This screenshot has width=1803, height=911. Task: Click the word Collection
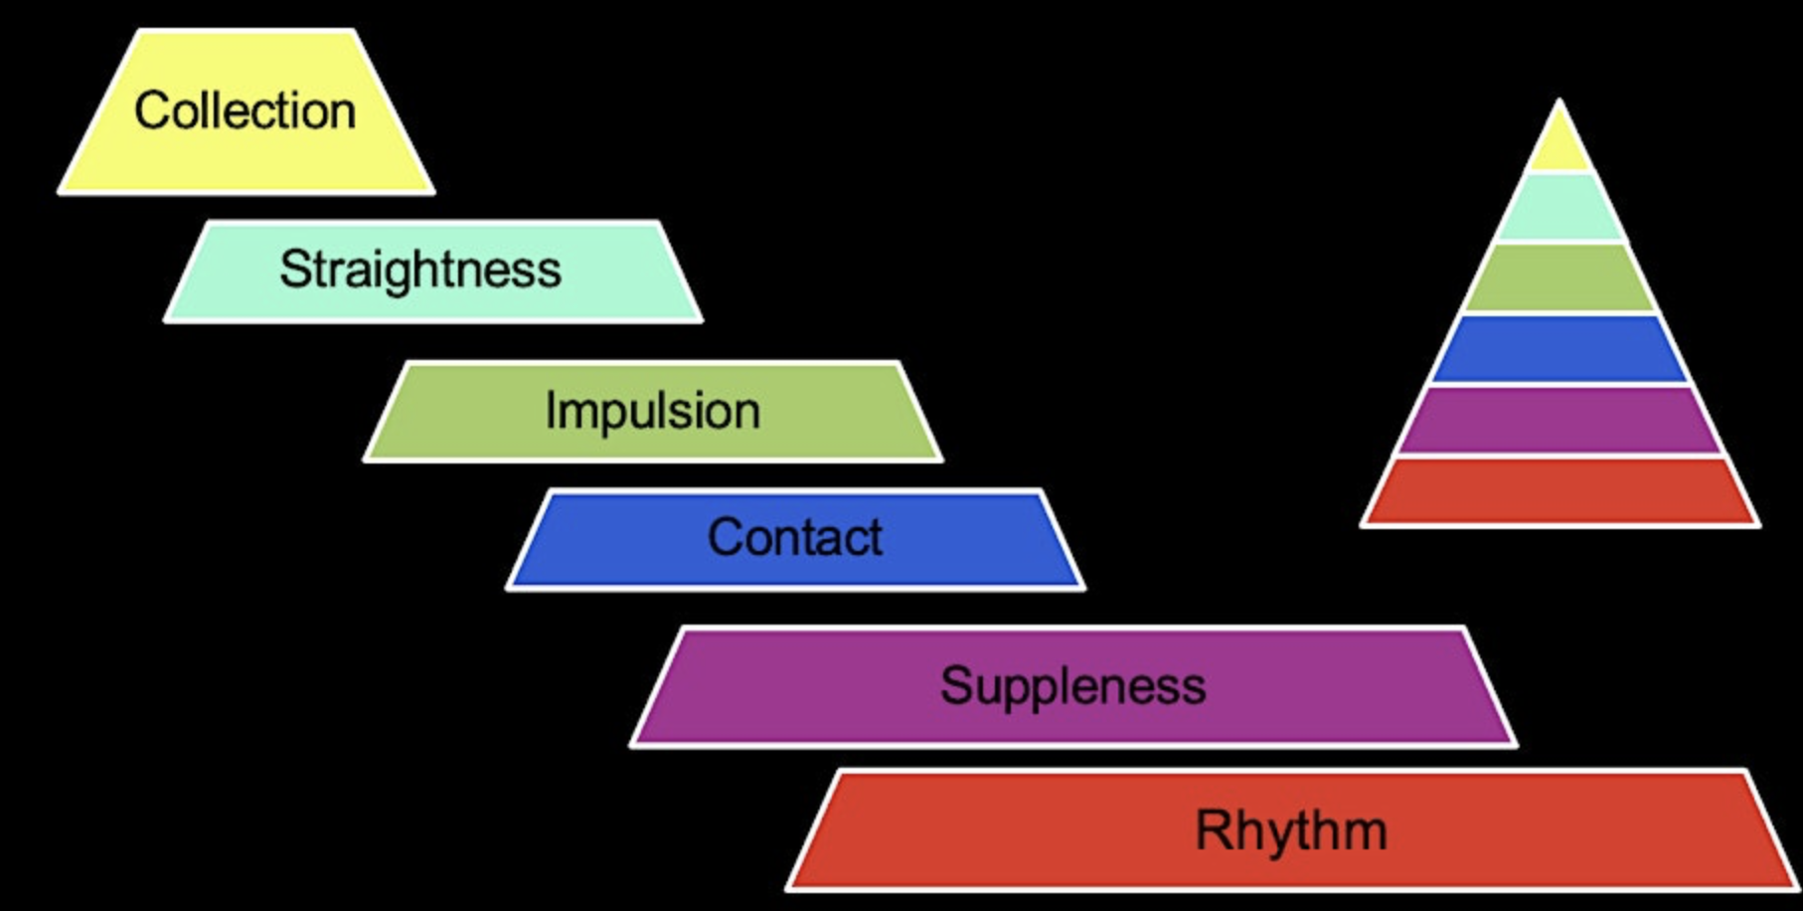click(245, 110)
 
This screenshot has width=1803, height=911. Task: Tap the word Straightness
click(419, 270)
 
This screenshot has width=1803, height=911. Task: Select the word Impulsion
click(652, 411)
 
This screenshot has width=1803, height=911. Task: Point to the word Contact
click(794, 537)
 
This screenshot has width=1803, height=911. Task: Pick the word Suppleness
click(1072, 685)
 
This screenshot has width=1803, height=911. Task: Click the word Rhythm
click(1290, 829)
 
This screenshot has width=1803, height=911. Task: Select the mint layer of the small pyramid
click(1559, 208)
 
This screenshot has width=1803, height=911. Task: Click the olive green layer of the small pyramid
click(1559, 278)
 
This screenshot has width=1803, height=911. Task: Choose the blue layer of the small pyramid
click(1559, 349)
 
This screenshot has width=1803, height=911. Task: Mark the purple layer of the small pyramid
click(1559, 421)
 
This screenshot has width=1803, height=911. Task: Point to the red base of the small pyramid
click(1559, 491)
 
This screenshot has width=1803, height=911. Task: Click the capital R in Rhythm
click(1212, 829)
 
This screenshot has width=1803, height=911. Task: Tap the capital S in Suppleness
click(955, 685)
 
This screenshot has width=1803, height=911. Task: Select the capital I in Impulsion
click(550, 410)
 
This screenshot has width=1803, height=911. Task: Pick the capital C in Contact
click(725, 537)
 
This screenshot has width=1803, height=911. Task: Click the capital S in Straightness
click(294, 269)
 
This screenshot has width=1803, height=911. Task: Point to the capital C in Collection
click(152, 110)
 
